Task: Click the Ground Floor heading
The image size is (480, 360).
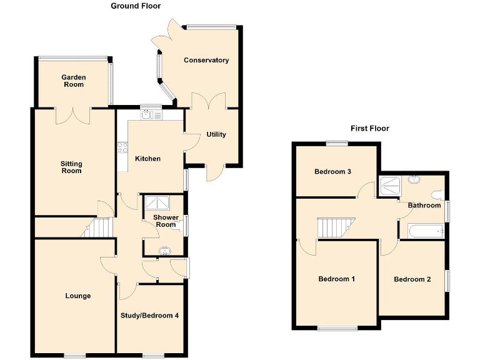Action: click(x=136, y=6)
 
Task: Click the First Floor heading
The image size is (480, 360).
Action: click(x=369, y=129)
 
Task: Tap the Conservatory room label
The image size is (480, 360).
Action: click(x=206, y=61)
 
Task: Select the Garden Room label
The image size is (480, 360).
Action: click(x=73, y=81)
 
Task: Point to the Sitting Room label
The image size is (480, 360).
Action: click(x=71, y=167)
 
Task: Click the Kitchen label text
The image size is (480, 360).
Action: click(x=147, y=159)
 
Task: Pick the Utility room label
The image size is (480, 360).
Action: click(x=216, y=135)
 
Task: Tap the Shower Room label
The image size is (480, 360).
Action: click(x=166, y=221)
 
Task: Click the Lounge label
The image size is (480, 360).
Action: click(x=77, y=296)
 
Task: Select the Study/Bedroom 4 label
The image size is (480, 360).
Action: click(x=150, y=316)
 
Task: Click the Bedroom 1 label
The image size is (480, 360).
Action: click(x=336, y=279)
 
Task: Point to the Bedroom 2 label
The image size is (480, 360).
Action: click(x=412, y=279)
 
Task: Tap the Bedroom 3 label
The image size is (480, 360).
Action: click(x=332, y=172)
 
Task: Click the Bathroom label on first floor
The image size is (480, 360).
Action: click(x=424, y=206)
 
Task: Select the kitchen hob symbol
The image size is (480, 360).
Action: click(x=121, y=148)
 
